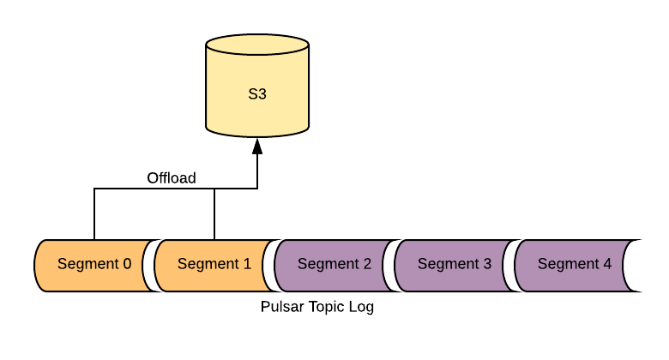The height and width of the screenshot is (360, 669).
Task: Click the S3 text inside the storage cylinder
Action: coord(257,94)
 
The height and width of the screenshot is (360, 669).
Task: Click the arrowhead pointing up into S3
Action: coord(257,147)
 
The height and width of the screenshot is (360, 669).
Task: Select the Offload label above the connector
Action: coord(172,178)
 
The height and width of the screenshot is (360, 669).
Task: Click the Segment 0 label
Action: coord(94,264)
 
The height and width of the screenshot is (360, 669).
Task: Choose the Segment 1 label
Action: coord(214,264)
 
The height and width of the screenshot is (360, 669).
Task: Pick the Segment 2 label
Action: coord(334,264)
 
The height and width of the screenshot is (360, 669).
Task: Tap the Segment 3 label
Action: coord(455,264)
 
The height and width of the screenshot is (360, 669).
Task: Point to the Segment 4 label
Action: coord(575,264)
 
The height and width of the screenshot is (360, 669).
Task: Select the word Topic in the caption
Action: coord(322,307)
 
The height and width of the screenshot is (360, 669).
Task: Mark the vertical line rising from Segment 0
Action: coord(93,214)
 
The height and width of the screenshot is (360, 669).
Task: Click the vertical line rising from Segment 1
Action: coord(214,214)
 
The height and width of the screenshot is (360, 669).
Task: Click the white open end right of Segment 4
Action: coord(635,266)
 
